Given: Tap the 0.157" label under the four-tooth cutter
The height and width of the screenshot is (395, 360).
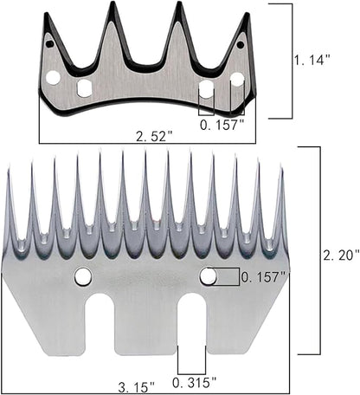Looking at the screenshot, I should pos(221,124).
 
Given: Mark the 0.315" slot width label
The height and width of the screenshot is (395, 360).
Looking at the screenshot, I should pos(193,383).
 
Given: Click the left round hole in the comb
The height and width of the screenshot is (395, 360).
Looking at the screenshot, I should pos(83,276).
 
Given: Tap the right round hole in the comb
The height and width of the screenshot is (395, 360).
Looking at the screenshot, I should pos(208,276).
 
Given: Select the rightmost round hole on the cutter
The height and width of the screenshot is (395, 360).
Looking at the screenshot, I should pos(236,80).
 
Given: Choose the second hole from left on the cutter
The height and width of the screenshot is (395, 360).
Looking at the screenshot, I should pos(84,87).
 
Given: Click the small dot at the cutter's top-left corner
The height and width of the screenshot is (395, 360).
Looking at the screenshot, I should pos(49,42).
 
